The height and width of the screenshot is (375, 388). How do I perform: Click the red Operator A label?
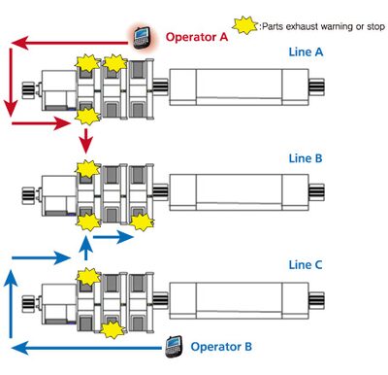click(198, 37)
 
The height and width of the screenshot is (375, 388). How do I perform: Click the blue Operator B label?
click(223, 346)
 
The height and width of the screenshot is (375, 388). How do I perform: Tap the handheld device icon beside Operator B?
click(176, 343)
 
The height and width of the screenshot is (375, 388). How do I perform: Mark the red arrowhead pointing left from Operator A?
click(17, 42)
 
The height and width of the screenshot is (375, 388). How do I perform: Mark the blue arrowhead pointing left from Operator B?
click(16, 345)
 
